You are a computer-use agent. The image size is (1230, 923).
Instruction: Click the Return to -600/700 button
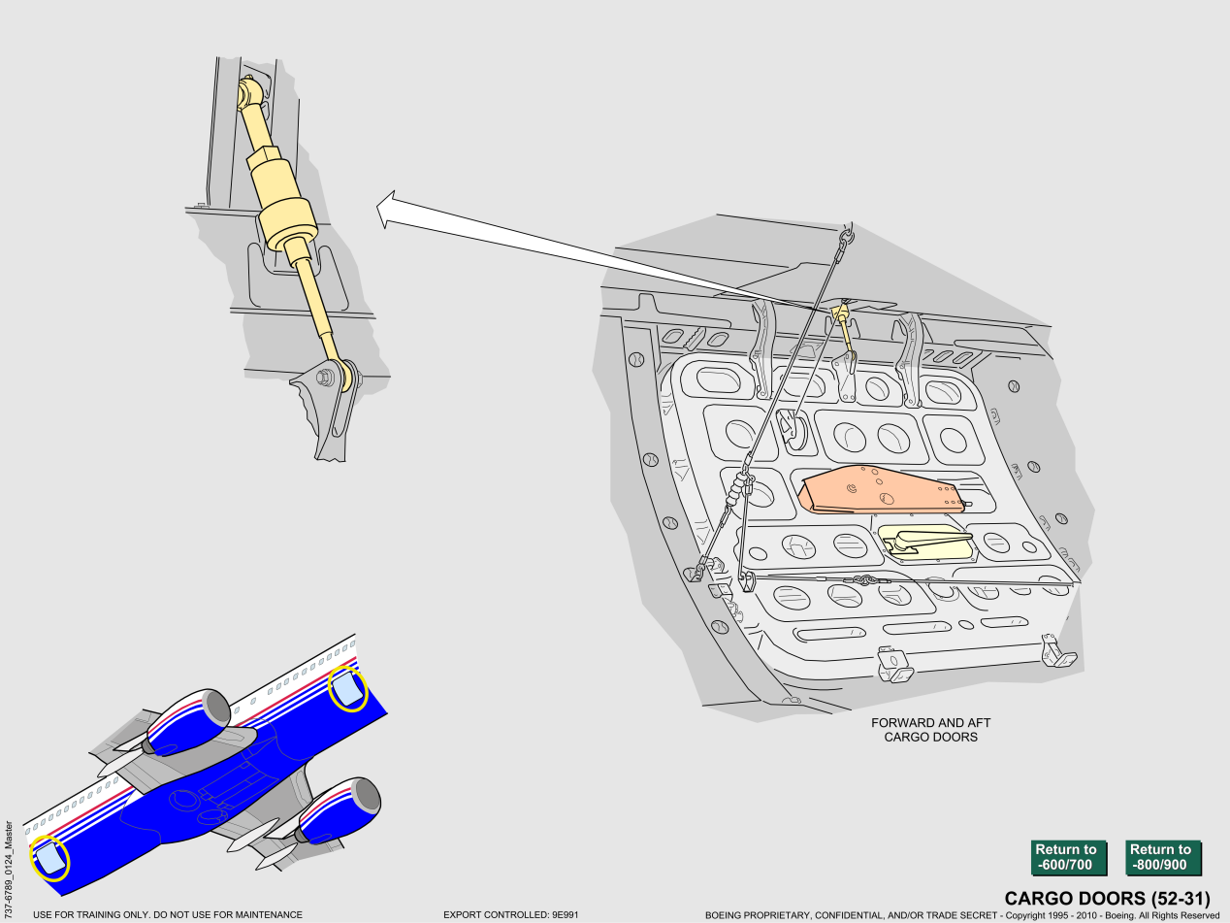coord(1069,857)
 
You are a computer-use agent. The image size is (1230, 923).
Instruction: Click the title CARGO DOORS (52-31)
coord(1107,899)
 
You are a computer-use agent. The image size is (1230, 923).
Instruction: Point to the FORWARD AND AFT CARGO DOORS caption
coord(931,730)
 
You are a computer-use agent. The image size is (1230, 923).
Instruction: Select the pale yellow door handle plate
coord(925,542)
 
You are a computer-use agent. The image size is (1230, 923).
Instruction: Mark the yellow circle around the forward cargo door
coord(347,688)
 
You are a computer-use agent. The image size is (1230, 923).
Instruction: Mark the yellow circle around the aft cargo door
coord(49,858)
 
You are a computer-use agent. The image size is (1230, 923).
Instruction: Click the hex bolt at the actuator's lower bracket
coord(324,378)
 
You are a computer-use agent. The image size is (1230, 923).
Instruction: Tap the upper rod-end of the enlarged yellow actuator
coord(248,92)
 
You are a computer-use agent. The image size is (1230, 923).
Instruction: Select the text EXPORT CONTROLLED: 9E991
coord(510,915)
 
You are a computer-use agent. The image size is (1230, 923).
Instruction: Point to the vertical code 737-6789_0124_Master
coord(9,868)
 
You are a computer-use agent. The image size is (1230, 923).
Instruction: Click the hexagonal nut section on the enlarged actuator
coord(264,156)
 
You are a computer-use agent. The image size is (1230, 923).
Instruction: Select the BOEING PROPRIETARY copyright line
coord(962,915)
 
